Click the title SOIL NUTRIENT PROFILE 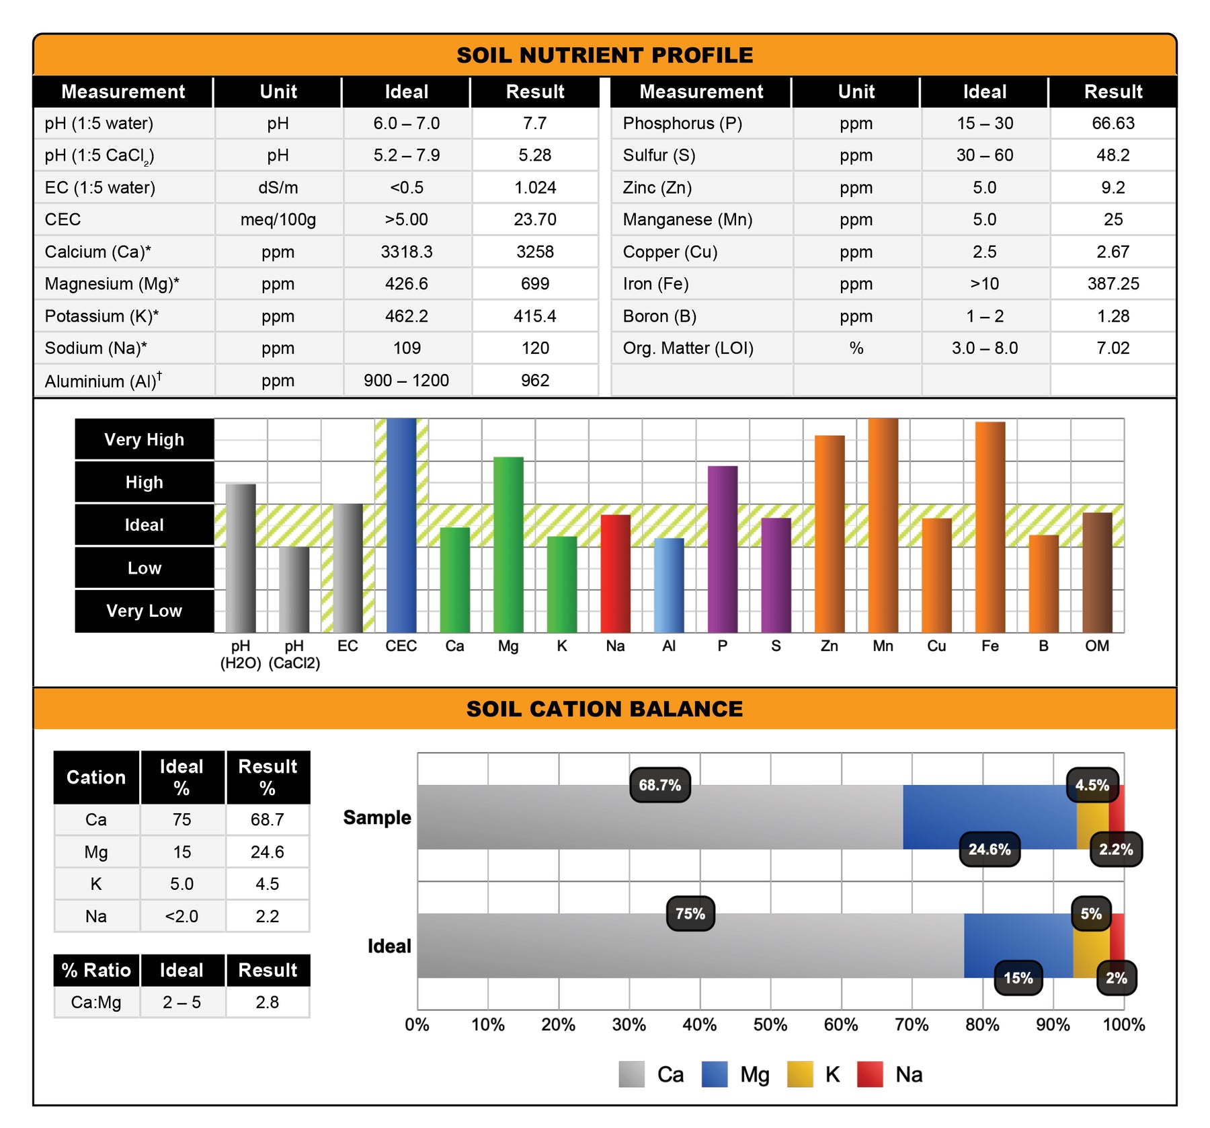pos(604,55)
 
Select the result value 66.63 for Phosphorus pos(1113,123)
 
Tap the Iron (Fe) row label pos(655,284)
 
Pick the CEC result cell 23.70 pos(534,219)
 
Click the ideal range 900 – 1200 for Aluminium pos(406,381)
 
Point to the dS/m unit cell pos(278,188)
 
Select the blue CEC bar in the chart pos(401,525)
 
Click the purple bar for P pos(722,548)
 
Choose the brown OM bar pos(1097,572)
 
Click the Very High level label pos(144,440)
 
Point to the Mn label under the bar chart pos(883,646)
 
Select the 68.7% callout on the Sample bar pos(659,785)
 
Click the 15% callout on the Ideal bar pos(1018,978)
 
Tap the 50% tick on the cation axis pos(770,1025)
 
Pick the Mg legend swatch pos(714,1074)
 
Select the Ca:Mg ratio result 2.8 pos(267,1002)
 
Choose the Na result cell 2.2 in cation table pos(267,916)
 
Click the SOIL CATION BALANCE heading pos(604,709)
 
